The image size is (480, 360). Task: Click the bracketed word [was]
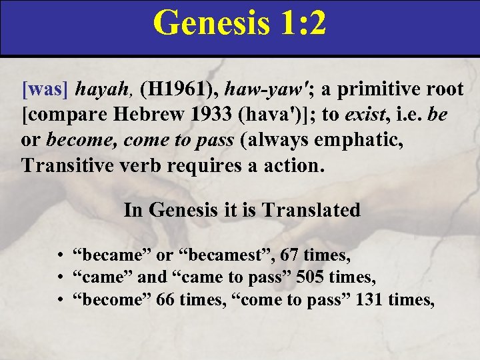[x=45, y=89]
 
